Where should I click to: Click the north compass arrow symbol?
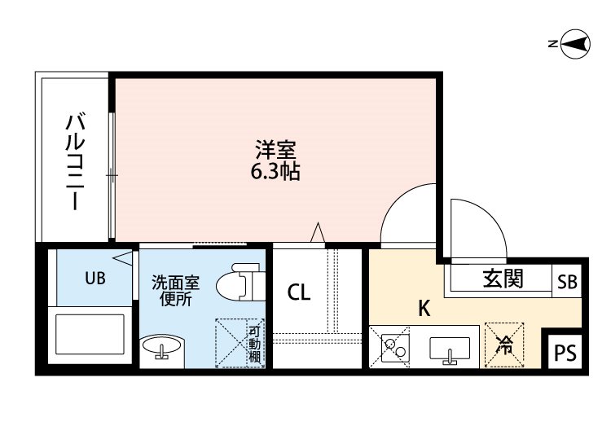tap(576, 44)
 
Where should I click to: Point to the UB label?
tap(95, 279)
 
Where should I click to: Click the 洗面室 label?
tap(175, 283)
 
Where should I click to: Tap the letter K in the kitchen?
tap(424, 309)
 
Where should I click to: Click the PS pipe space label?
tap(565, 354)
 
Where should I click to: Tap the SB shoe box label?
tap(567, 283)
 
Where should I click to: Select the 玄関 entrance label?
tap(503, 279)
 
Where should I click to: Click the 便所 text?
tap(175, 299)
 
